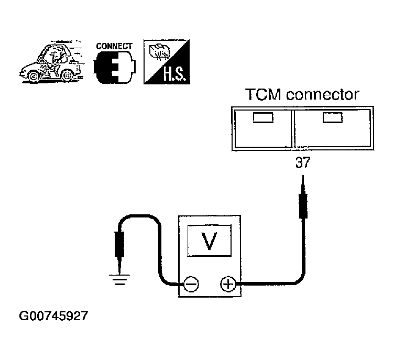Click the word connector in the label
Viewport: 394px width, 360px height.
323,94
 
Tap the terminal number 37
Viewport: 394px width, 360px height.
303,162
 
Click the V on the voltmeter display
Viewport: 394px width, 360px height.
209,241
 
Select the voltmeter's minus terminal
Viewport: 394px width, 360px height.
191,285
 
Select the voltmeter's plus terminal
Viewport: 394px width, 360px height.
228,284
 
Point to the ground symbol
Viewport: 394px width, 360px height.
119,279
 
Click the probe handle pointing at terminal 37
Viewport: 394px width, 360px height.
303,206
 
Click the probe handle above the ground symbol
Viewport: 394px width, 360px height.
119,244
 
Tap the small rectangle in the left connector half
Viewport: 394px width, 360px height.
263,118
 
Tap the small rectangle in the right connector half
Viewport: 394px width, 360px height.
332,118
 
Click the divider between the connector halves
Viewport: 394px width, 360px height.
292,128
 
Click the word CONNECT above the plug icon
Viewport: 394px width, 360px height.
114,46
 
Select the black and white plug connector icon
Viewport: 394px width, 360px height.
115,68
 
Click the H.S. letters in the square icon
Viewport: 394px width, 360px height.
175,74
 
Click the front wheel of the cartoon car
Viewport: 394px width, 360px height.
34,75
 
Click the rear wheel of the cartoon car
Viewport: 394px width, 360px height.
67,75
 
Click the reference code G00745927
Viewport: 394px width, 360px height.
53,316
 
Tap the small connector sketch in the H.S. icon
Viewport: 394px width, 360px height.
159,52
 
